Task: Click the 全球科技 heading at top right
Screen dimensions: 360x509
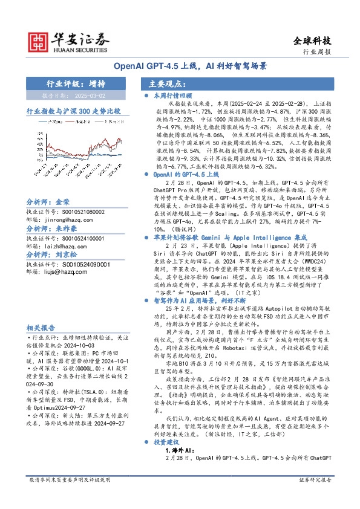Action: [x=312, y=41]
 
